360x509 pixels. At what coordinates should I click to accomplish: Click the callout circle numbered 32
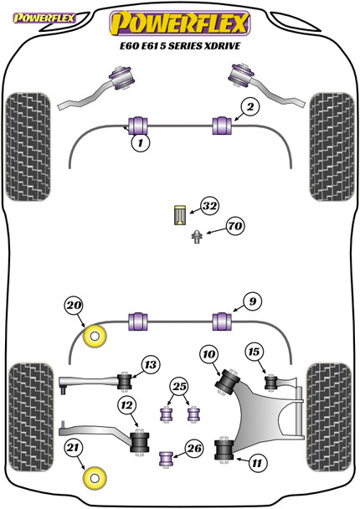click(209, 206)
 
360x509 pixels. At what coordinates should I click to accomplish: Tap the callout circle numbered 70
click(235, 225)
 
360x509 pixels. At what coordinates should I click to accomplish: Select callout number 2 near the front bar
click(250, 107)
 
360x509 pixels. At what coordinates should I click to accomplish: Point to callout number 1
click(141, 142)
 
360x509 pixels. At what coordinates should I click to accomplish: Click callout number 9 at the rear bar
click(252, 301)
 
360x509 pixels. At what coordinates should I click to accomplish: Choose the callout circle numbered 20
click(74, 305)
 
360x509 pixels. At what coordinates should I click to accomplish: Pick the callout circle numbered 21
click(73, 448)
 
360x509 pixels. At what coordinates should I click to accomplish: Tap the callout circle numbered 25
click(179, 386)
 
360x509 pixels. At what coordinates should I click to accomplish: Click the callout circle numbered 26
click(194, 449)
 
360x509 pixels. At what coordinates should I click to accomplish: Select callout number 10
click(209, 354)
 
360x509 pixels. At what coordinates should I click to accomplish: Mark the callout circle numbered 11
click(257, 463)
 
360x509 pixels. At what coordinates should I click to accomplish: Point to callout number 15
click(255, 352)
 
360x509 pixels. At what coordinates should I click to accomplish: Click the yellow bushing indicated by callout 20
click(95, 337)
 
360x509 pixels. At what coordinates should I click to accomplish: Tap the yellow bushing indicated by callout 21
click(95, 478)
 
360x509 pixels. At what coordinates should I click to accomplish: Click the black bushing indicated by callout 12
click(140, 441)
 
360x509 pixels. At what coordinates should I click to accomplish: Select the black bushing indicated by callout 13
click(125, 381)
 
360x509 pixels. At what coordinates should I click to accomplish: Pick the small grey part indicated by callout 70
click(197, 236)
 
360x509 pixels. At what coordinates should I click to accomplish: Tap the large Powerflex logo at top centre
click(180, 23)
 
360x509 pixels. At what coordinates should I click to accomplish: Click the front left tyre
click(28, 147)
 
